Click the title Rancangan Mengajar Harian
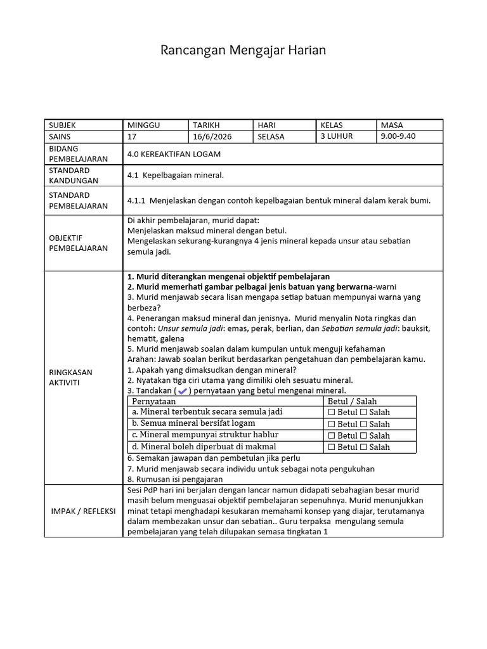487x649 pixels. coord(243,50)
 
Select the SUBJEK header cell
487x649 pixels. coord(62,125)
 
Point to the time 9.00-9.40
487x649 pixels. coord(398,136)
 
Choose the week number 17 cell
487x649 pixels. coord(132,137)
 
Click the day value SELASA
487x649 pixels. coord(271,137)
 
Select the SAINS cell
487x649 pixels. coord(60,137)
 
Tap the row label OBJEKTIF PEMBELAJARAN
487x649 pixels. coord(70,243)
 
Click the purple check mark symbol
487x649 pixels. coord(183,391)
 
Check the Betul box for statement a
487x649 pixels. coord(332,413)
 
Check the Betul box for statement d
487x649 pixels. coord(332,447)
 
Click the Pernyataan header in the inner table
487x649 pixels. coord(154,401)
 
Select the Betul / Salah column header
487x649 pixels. coord(352,401)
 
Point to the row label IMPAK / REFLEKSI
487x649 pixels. coord(84,511)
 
